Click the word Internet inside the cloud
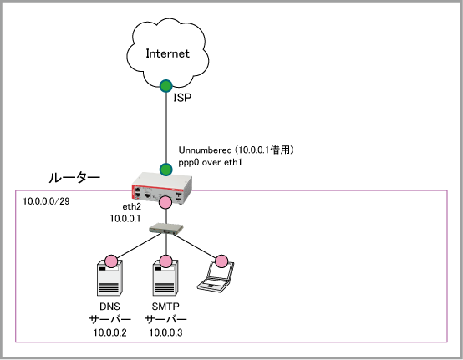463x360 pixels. click(167, 53)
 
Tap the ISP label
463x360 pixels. click(182, 98)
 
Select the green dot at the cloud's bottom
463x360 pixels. click(166, 86)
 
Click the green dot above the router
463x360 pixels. click(166, 170)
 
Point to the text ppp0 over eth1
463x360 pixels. click(210, 163)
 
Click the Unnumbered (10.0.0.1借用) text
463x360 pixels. click(236, 150)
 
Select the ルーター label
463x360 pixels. click(74, 178)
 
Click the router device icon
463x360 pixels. click(162, 188)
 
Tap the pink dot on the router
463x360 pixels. click(165, 202)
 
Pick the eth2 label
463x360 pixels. click(132, 207)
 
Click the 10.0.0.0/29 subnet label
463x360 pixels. click(46, 201)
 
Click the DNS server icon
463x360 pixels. click(109, 277)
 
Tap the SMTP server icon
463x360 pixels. click(165, 277)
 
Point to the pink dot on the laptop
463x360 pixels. click(221, 261)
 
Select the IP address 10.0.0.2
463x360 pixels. click(109, 332)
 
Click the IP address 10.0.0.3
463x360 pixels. click(165, 332)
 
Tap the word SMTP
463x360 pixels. click(165, 307)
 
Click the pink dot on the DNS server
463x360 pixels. click(111, 261)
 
